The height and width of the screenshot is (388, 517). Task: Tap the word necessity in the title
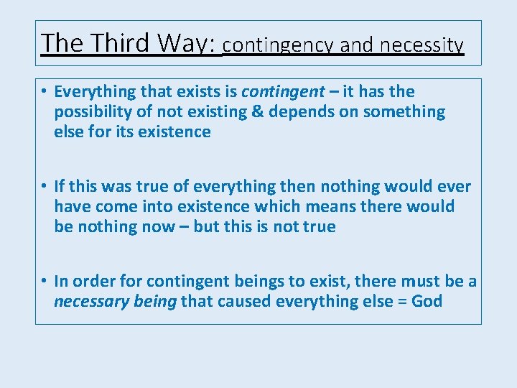tap(422, 46)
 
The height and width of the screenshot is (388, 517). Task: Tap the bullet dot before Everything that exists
tap(45, 92)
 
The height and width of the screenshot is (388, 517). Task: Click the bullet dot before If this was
tap(45, 187)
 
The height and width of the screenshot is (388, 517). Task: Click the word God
tap(427, 302)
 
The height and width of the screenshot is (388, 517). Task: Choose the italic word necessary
tap(87, 302)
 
